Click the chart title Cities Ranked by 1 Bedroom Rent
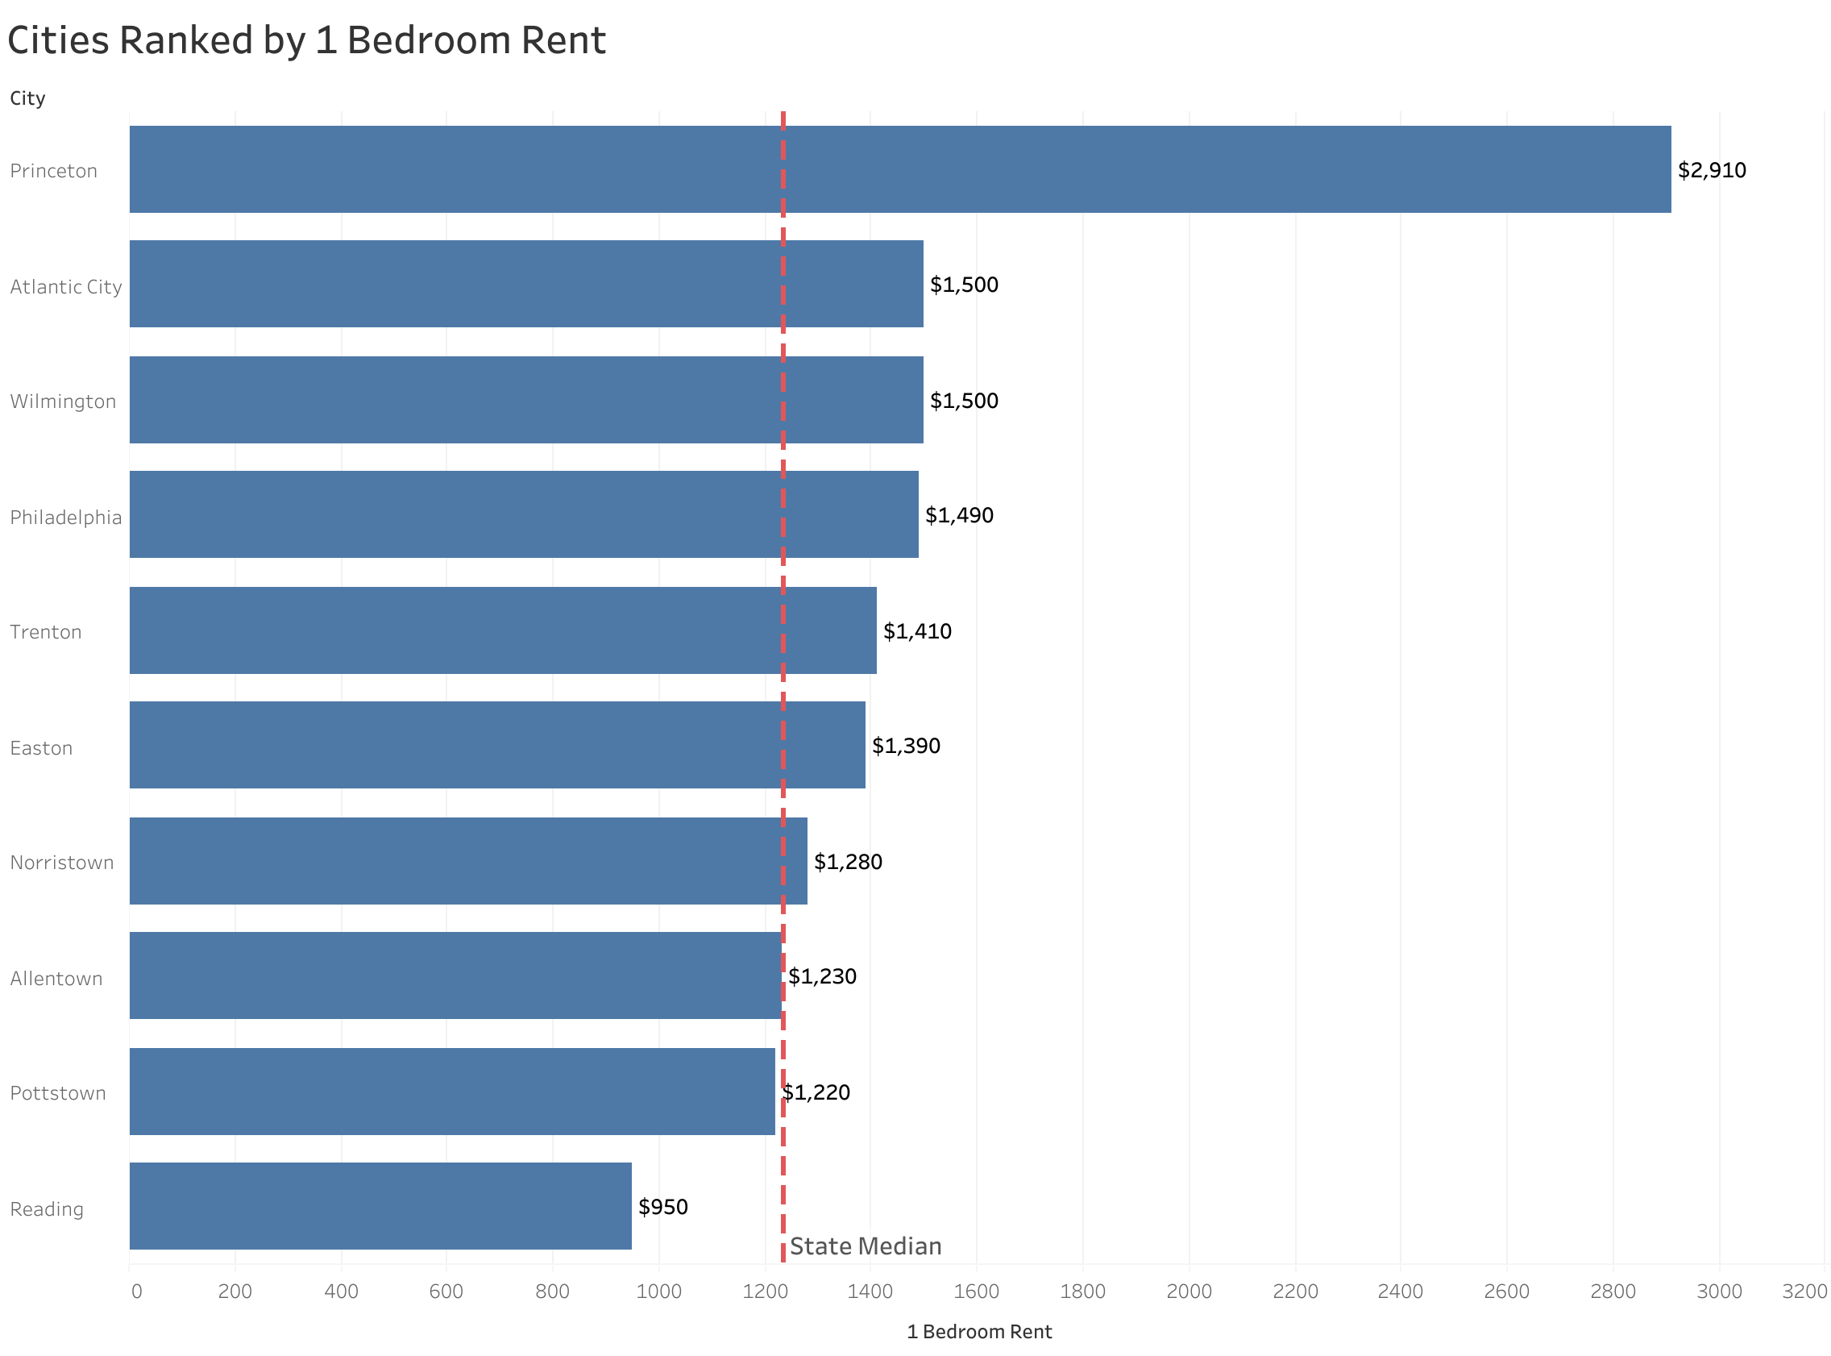point(306,41)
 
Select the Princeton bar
point(899,169)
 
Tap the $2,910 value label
point(1711,171)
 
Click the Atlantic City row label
point(65,286)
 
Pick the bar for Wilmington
point(525,400)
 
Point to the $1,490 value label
point(958,515)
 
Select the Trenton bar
point(502,630)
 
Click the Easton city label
point(41,748)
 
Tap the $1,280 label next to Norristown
point(848,862)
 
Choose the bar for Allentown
point(455,975)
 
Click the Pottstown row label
point(57,1093)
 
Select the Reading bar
point(380,1206)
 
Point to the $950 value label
point(662,1208)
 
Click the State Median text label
point(865,1247)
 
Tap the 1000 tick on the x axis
point(658,1292)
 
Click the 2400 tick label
point(1401,1292)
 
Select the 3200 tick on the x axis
point(1804,1292)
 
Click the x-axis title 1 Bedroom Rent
point(978,1332)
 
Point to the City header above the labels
point(27,98)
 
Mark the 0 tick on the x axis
point(136,1292)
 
